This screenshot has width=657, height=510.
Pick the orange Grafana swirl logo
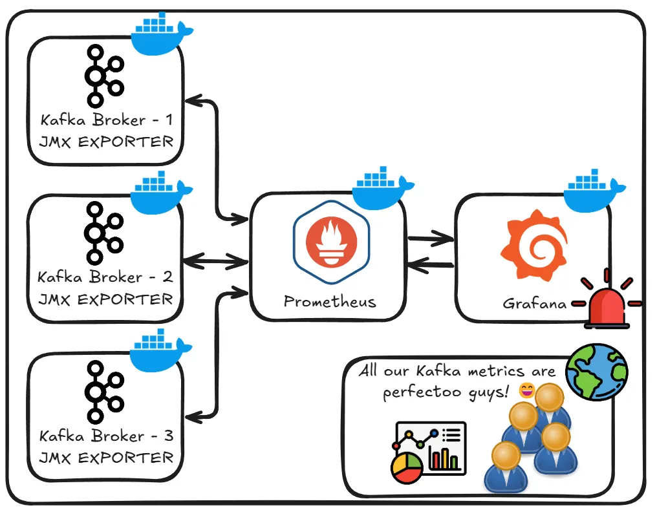coord(533,244)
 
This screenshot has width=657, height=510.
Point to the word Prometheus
coord(330,302)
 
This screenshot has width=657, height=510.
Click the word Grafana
coord(534,303)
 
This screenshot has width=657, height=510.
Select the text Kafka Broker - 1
coord(106,120)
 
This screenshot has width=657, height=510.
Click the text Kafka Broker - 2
coord(105,277)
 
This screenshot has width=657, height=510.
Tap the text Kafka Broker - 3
coord(106,436)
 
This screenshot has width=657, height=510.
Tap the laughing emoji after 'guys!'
coord(527,390)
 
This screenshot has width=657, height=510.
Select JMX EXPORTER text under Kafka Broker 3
coord(106,458)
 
